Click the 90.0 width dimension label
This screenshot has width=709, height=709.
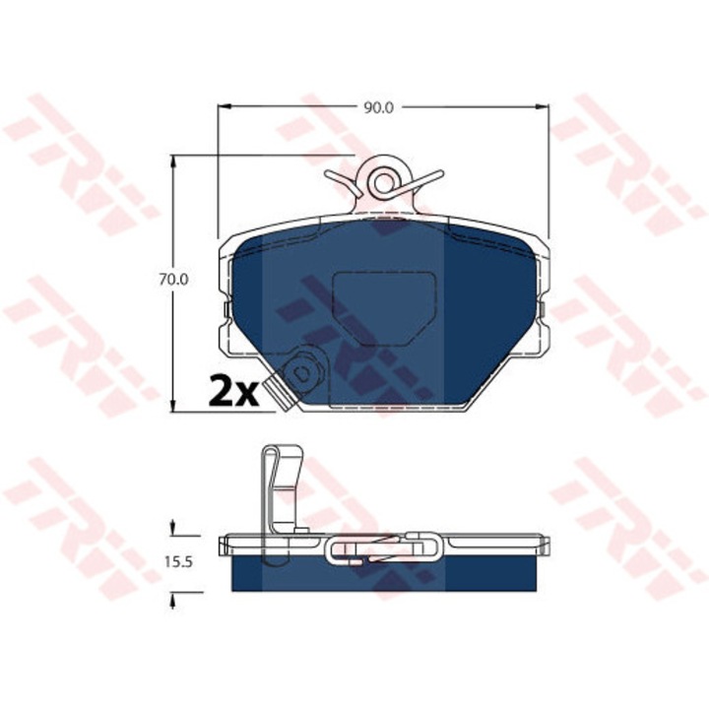click(378, 107)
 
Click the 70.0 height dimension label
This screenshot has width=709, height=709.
click(173, 280)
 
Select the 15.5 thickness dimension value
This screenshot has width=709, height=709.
click(178, 562)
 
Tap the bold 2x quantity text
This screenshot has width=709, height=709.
click(233, 389)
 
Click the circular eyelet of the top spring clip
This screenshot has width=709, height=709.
click(384, 182)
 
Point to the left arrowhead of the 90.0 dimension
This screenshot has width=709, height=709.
click(225, 107)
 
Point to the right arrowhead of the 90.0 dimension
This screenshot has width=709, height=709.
click(542, 107)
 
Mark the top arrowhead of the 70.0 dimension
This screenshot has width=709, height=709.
click(172, 161)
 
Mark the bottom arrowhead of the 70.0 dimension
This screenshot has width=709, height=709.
click(172, 406)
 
